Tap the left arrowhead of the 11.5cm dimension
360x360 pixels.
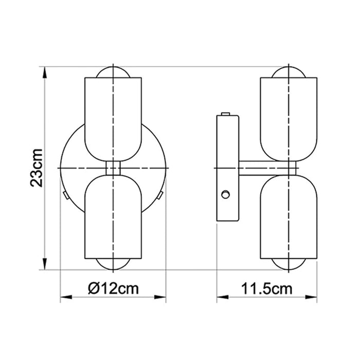coord(221,297)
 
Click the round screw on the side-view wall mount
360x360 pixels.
coord(225,194)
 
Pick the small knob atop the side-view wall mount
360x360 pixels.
coord(225,114)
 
